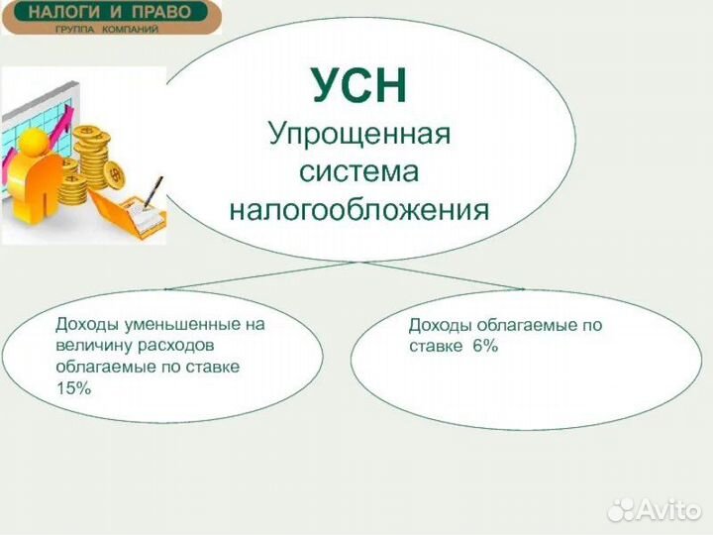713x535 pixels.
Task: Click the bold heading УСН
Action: tap(358, 86)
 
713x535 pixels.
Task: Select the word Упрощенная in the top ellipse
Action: tap(358, 134)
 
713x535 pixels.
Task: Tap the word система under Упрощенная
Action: tap(358, 171)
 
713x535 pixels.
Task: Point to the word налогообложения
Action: tap(358, 210)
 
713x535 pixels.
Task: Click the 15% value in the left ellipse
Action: tap(73, 389)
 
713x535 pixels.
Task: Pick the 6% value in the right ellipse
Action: tap(479, 347)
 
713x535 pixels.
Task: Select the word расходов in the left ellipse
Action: tap(177, 346)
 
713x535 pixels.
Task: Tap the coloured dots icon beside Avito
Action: tap(622, 508)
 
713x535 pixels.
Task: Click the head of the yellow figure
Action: tap(35, 141)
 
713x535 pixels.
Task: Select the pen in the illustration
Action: tap(153, 190)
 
